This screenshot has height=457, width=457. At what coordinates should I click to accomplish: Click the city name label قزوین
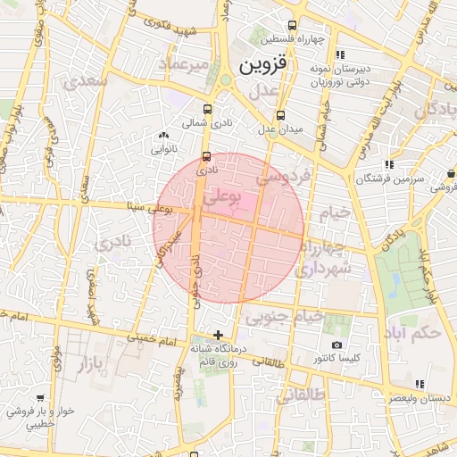click(x=264, y=65)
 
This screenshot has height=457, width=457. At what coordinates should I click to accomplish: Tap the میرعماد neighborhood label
click(x=184, y=64)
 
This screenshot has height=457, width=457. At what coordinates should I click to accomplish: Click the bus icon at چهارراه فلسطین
click(x=291, y=26)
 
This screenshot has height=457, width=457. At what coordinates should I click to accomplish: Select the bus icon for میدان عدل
click(x=282, y=115)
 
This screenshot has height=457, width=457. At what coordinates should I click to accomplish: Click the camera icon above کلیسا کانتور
click(x=337, y=345)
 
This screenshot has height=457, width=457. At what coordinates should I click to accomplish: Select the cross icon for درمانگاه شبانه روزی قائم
click(x=219, y=335)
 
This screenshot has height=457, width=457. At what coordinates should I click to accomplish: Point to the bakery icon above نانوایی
click(x=162, y=136)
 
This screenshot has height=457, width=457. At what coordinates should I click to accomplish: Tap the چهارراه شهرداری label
click(x=325, y=257)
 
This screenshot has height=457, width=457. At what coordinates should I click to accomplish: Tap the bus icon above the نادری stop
click(x=207, y=155)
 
